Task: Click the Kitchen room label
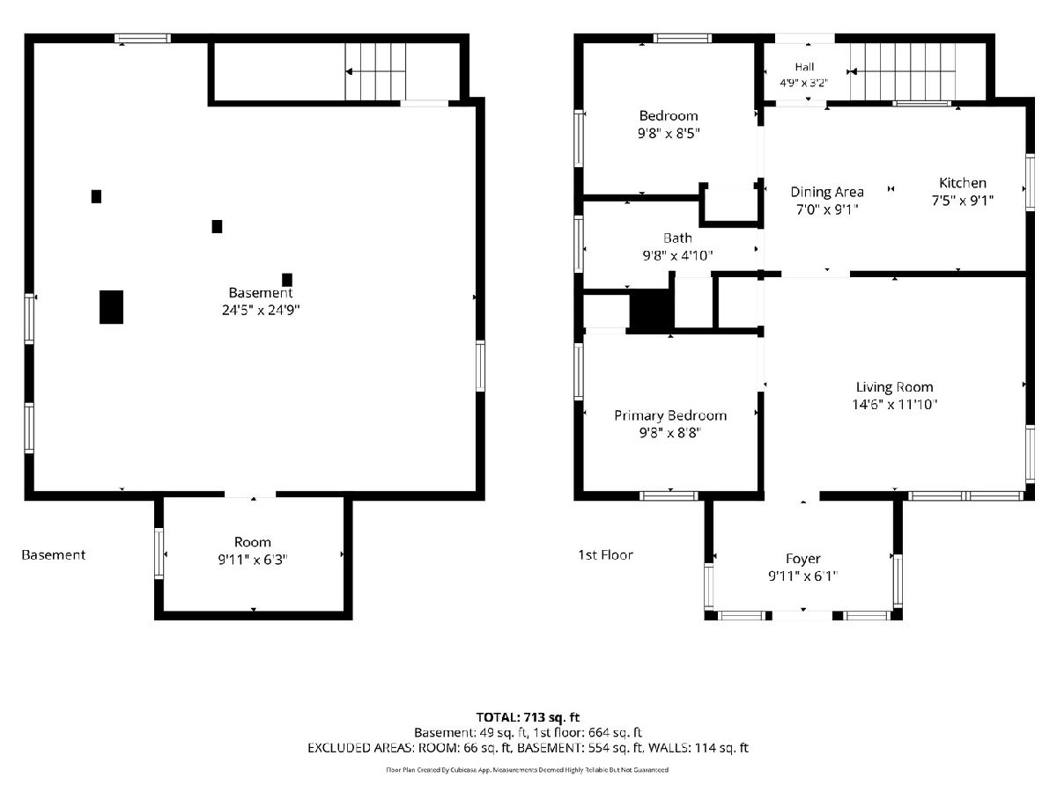(962, 183)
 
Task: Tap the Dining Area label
(827, 193)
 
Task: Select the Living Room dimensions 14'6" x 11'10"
(894, 405)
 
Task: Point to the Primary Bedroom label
(670, 415)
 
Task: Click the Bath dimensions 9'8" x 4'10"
(677, 255)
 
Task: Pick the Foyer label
(802, 559)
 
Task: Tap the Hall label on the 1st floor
(805, 67)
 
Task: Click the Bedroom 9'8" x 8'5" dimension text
(669, 133)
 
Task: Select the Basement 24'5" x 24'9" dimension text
(261, 310)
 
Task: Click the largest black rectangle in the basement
(111, 307)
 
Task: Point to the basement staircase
(375, 71)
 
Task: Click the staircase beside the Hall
(903, 71)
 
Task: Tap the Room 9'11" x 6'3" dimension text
(252, 560)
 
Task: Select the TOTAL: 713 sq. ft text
(528, 717)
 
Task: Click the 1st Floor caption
(605, 555)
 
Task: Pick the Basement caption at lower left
(54, 555)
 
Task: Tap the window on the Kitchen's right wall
(1030, 182)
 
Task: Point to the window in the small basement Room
(159, 553)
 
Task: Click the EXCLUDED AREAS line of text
(528, 748)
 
